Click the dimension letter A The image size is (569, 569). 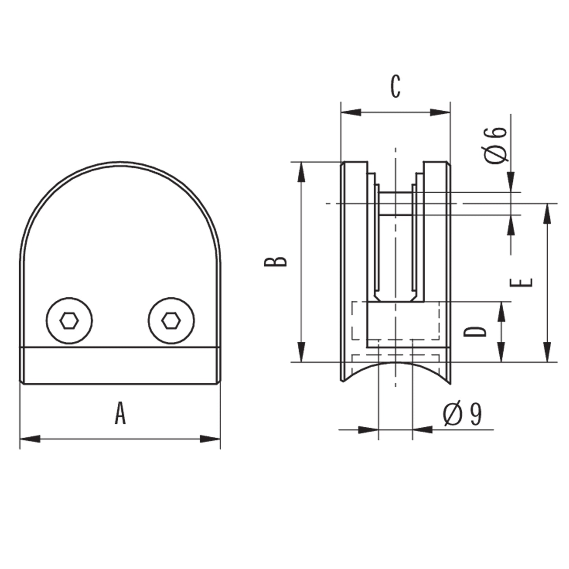click(x=120, y=413)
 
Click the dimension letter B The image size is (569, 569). click(x=276, y=261)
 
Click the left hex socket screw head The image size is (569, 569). click(x=69, y=321)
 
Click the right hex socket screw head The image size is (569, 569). click(x=171, y=321)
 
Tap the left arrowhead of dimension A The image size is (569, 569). click(x=30, y=439)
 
